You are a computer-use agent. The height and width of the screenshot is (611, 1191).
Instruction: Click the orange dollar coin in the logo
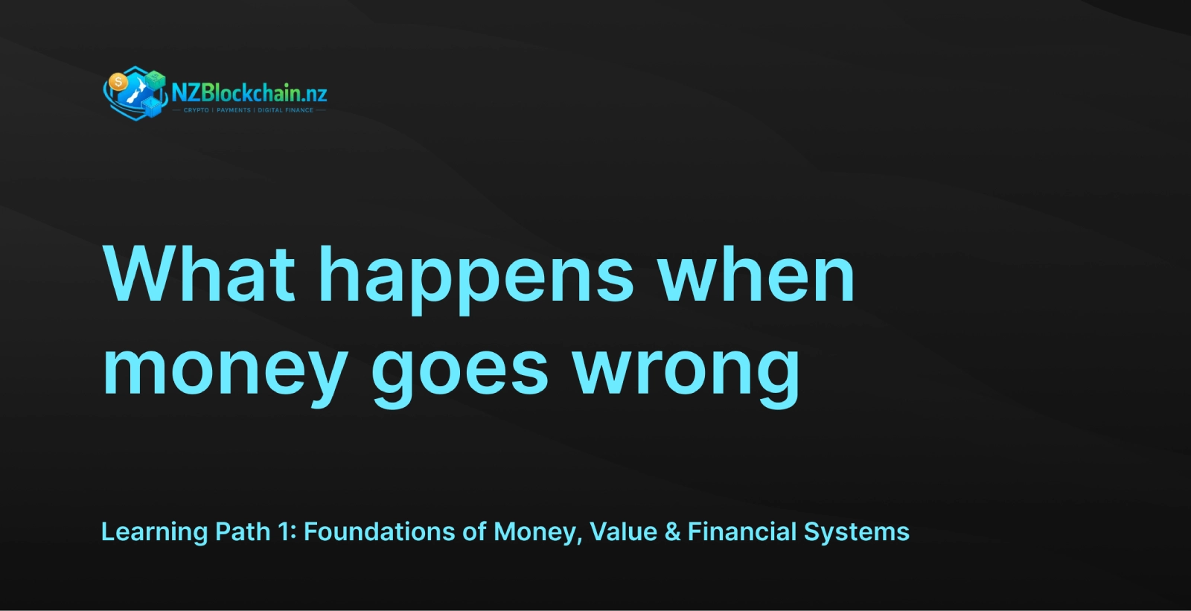(x=118, y=83)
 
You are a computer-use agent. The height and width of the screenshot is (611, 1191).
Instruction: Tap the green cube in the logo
(x=156, y=79)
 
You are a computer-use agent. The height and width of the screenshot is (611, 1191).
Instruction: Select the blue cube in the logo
(x=152, y=107)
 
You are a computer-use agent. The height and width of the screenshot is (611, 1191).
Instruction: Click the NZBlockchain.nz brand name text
(x=249, y=94)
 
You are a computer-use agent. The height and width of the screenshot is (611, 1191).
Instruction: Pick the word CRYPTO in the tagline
(x=197, y=110)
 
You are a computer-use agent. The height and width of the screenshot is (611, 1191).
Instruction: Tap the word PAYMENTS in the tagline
(x=234, y=110)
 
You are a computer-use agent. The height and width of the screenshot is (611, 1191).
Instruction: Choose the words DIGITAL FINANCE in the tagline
(x=286, y=110)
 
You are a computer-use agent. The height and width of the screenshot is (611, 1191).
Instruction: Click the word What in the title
(x=198, y=275)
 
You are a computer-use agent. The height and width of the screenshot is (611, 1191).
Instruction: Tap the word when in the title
(x=756, y=275)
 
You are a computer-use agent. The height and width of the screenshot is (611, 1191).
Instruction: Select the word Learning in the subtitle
(x=154, y=532)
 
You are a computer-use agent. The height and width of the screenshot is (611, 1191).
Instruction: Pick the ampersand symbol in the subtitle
(x=673, y=532)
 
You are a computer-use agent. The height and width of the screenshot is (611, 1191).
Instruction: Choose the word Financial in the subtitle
(x=741, y=532)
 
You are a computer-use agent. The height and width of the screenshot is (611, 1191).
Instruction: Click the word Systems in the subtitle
(x=857, y=533)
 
